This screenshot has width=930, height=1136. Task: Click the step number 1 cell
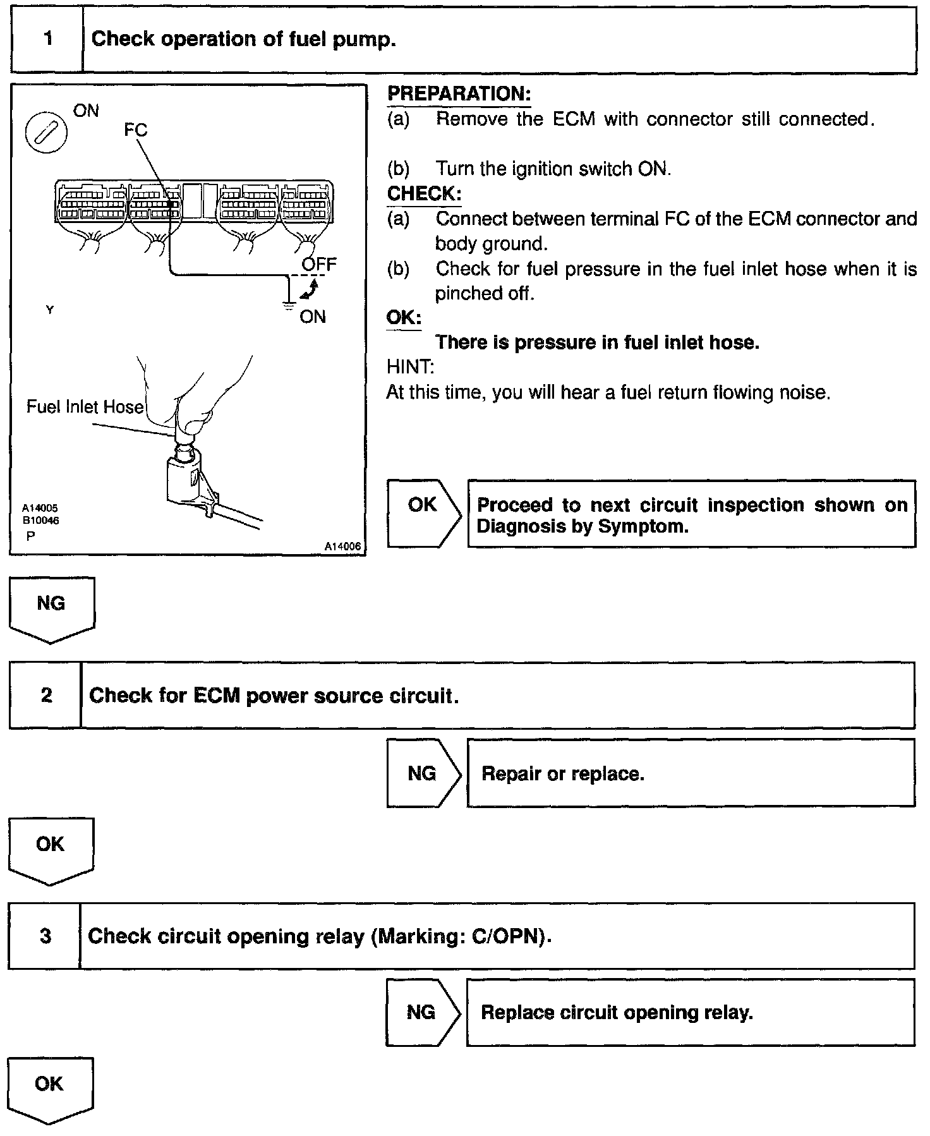click(x=47, y=39)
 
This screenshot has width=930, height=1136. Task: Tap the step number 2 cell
click(x=46, y=696)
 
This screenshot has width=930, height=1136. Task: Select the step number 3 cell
click(x=45, y=936)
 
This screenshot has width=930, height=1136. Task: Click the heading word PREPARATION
click(x=458, y=94)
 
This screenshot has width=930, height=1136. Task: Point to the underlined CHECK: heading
click(x=424, y=194)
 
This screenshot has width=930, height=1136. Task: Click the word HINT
click(x=409, y=367)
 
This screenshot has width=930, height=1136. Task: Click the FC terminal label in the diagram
click(x=135, y=130)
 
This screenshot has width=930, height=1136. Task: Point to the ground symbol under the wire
click(x=289, y=306)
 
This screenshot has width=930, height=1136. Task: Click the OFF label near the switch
click(x=319, y=264)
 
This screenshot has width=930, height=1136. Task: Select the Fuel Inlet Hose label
click(x=85, y=406)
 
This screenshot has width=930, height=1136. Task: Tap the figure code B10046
click(x=40, y=521)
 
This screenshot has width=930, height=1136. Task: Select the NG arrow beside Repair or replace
click(x=423, y=773)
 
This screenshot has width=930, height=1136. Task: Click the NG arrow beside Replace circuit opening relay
click(x=422, y=1013)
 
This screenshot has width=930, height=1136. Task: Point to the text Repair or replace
click(x=562, y=774)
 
